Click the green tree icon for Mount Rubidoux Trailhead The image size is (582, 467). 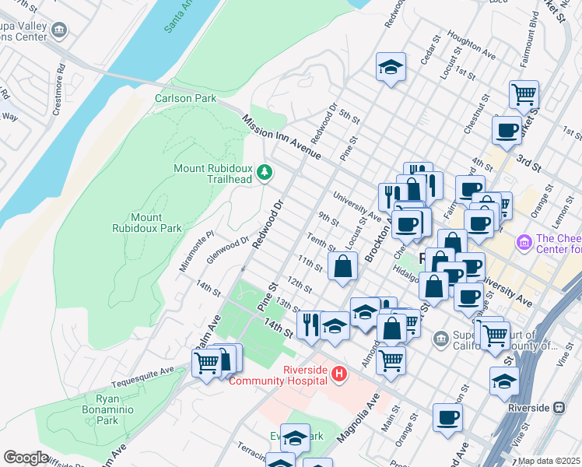(x=265, y=171)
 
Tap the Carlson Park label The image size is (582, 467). (x=185, y=99)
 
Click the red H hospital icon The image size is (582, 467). (x=338, y=374)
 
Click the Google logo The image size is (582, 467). (x=26, y=458)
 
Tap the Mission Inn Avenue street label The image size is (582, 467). (x=281, y=138)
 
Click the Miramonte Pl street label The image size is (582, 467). (x=196, y=251)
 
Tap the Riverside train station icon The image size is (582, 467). (x=559, y=408)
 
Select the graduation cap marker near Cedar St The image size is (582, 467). (x=391, y=67)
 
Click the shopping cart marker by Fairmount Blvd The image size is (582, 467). (x=524, y=94)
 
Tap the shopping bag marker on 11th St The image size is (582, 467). (x=342, y=266)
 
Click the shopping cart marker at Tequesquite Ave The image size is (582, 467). (x=206, y=362)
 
